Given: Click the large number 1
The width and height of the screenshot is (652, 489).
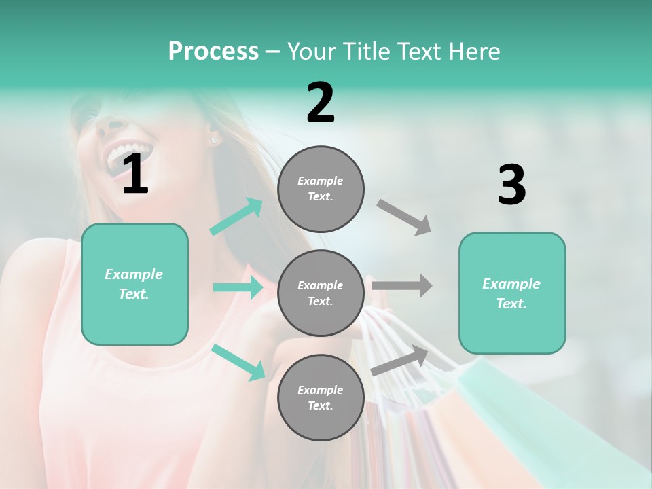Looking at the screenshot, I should (x=135, y=175).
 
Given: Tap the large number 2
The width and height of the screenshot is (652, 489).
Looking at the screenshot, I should (x=321, y=103).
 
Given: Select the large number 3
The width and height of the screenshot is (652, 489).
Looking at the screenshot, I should (x=511, y=185).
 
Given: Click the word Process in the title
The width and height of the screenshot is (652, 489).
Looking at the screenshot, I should (x=213, y=52).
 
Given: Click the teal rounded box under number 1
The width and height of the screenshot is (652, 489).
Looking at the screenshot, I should (x=134, y=284).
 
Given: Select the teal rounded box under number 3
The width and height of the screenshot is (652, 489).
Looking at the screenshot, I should (x=512, y=293).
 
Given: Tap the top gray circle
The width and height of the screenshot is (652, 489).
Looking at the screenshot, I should (x=321, y=189).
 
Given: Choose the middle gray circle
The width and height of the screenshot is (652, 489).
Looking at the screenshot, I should (x=321, y=293).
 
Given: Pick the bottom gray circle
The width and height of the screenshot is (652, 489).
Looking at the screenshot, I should (x=321, y=397).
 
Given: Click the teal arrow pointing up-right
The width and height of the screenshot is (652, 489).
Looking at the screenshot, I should (x=236, y=216).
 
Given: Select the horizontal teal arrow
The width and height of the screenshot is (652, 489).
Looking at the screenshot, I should (x=238, y=287).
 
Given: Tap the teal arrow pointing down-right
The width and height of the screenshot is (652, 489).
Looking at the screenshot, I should (x=238, y=362).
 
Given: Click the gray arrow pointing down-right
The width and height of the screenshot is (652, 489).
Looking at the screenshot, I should (x=404, y=217).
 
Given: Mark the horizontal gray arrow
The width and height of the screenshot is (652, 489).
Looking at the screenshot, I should (x=402, y=285).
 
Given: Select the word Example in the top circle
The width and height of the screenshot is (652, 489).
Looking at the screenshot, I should (x=321, y=181).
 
